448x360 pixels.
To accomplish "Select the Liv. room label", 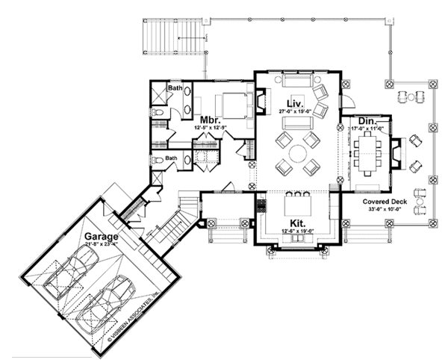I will point(293,103).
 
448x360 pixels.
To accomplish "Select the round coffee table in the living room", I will point(295,154).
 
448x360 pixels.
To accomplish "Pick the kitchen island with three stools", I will point(295,205).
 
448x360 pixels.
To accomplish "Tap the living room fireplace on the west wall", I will point(261,100).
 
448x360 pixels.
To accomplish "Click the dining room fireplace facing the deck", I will point(396,152).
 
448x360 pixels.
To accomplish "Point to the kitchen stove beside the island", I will point(261,203).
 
